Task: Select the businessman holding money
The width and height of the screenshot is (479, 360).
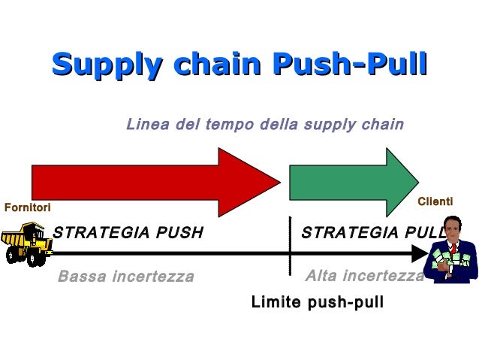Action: click(450, 256)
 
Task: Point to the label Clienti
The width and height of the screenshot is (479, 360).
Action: click(435, 201)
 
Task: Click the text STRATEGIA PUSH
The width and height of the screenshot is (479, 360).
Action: click(128, 233)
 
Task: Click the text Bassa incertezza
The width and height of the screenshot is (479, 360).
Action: click(125, 277)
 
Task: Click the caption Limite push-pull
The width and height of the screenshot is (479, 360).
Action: click(317, 303)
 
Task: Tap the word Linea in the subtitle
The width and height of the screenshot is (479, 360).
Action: click(147, 123)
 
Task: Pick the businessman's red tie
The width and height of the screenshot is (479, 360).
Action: click(453, 248)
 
